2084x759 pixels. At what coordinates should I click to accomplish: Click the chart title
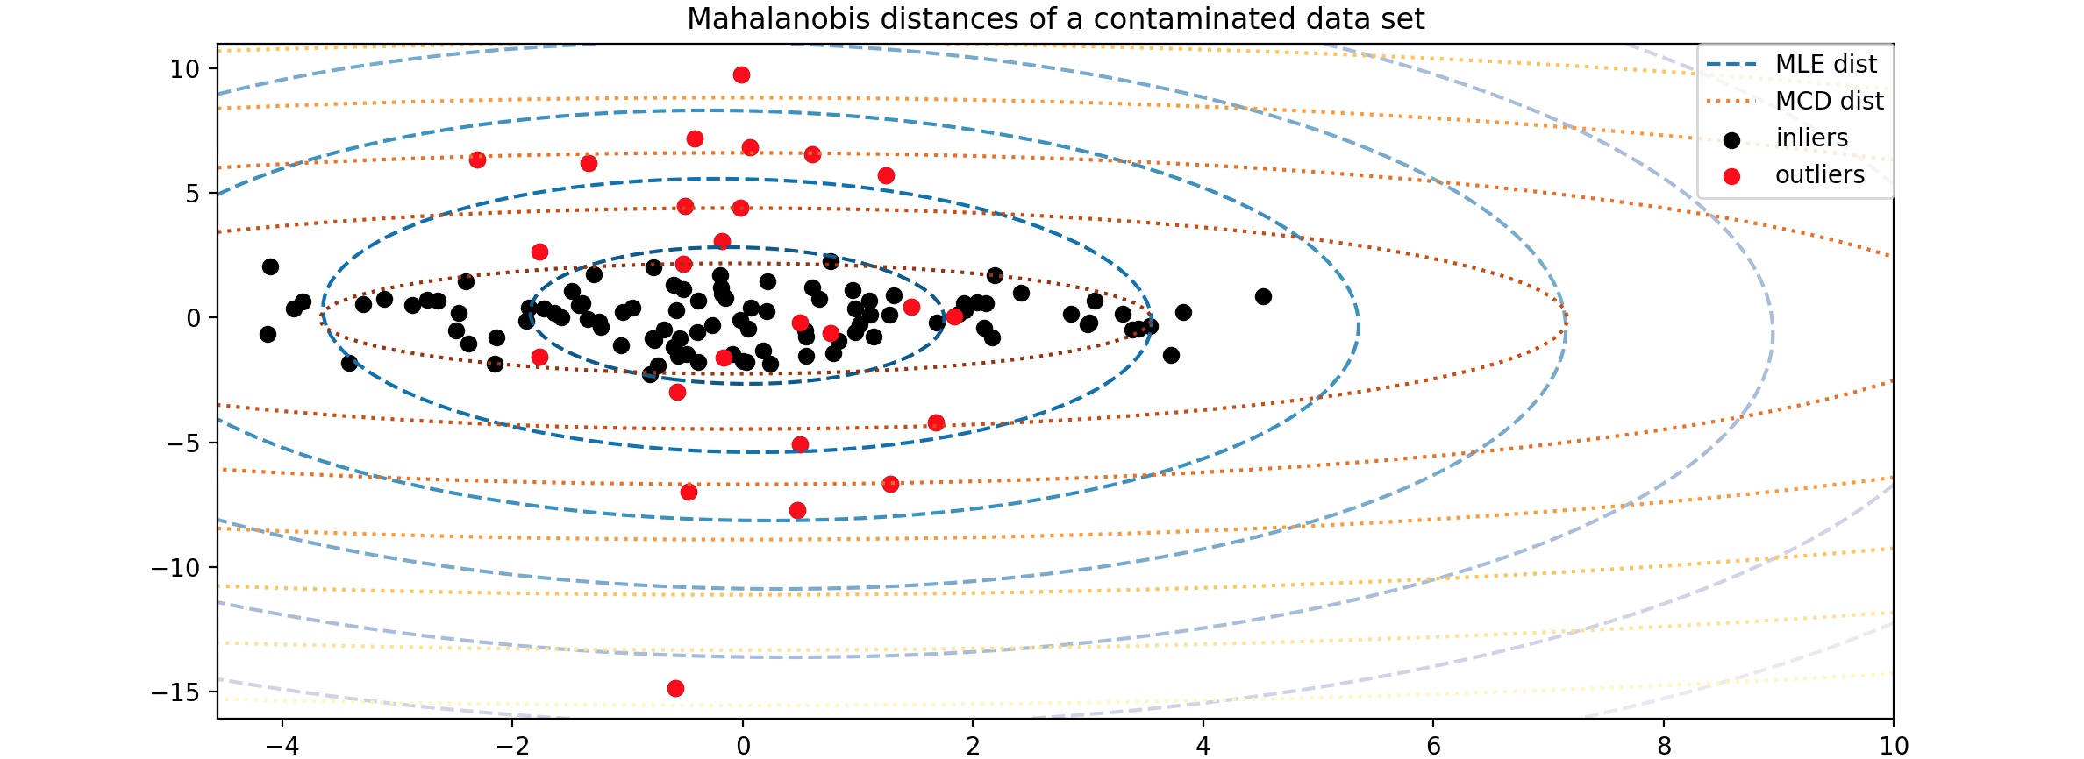[1055, 19]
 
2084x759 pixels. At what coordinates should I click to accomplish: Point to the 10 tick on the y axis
[185, 69]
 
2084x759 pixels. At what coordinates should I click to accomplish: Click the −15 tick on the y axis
[175, 693]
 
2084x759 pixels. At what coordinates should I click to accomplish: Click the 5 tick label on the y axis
[193, 194]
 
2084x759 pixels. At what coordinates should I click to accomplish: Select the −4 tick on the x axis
[282, 746]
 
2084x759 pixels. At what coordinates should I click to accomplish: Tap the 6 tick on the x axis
[1433, 746]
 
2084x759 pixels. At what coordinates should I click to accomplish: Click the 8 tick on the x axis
[1664, 746]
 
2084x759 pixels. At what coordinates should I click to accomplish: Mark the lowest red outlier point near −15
[675, 689]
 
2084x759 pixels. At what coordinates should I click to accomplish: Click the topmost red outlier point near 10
[741, 75]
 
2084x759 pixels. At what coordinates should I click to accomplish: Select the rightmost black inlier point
[1263, 297]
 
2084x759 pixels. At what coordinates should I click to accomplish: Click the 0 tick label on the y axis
[193, 319]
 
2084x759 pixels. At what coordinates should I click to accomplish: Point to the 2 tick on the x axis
[973, 746]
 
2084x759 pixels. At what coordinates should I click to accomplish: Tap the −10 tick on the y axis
[175, 569]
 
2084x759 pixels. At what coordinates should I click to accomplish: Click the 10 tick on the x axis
[1894, 746]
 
